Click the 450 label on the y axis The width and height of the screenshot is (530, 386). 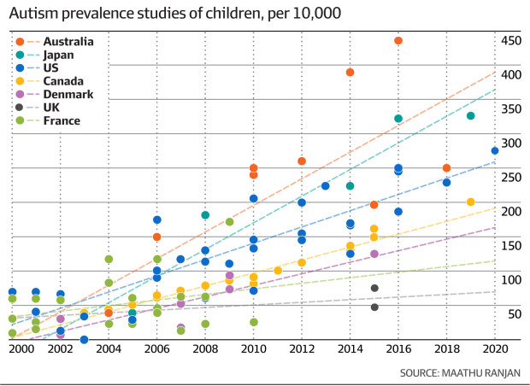pyautogui.click(x=510, y=40)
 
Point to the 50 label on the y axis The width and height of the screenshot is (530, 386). pyautogui.click(x=513, y=313)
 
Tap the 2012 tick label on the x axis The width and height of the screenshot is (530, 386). pyautogui.click(x=301, y=348)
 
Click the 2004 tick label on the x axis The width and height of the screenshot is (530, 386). pyautogui.click(x=109, y=348)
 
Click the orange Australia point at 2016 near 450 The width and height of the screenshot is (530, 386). pyautogui.click(x=398, y=41)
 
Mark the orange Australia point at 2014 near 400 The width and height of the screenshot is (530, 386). pyautogui.click(x=350, y=73)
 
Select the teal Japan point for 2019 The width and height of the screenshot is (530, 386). pyautogui.click(x=471, y=115)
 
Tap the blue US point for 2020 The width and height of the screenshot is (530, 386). pyautogui.click(x=495, y=151)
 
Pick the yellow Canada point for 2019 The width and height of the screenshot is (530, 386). pyautogui.click(x=471, y=202)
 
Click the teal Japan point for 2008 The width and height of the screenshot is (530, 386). pyautogui.click(x=205, y=215)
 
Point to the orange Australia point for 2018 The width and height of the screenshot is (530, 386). pyautogui.click(x=446, y=168)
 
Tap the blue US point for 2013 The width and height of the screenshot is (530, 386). pyautogui.click(x=326, y=186)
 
